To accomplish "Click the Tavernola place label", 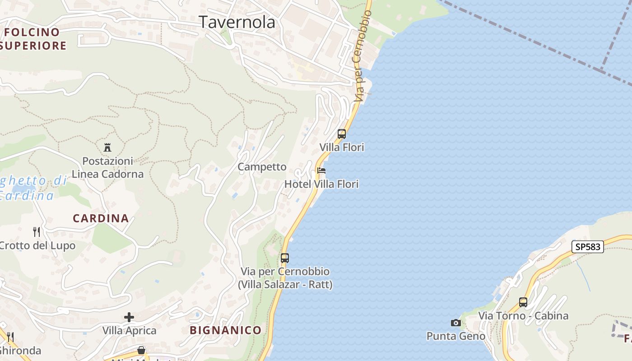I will pos(237,22).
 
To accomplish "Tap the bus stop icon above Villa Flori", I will pos(342,134).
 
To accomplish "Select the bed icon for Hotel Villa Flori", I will pos(321,171).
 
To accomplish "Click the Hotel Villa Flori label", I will pos(321,184).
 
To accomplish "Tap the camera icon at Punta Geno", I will pos(456,323).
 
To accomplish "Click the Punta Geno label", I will pos(456,336).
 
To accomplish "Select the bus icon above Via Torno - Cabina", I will pos(523,302).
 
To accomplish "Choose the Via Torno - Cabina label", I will pos(523,316).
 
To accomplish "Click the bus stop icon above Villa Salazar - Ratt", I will pos(284,258).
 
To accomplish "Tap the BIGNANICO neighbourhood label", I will pos(225,330).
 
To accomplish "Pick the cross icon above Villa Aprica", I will pos(129,317).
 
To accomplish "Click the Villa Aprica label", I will pos(129,331).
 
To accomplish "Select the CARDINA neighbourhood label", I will pos(101,218).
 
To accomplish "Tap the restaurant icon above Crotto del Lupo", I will pos(37,232).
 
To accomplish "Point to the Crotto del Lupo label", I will pos(37,246).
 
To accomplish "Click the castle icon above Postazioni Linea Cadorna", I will pos(107,147).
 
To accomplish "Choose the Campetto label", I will pos(262,167).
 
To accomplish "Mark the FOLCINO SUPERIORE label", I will pos(33,39).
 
